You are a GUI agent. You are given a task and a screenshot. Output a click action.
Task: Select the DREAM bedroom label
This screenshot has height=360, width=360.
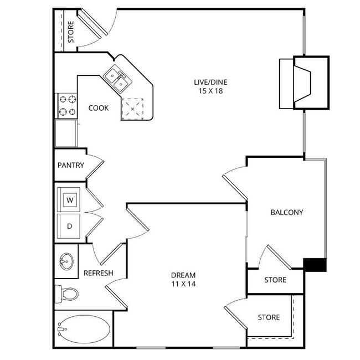pyautogui.click(x=183, y=275)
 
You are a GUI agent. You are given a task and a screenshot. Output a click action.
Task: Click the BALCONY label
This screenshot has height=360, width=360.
pyautogui.click(x=286, y=212)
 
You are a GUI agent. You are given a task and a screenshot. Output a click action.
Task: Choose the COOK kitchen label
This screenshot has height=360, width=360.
pyautogui.click(x=99, y=108)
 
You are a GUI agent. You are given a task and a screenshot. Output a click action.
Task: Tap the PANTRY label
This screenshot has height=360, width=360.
pyautogui.click(x=70, y=165)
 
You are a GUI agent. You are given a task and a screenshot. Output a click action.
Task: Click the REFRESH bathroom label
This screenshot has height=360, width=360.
pyautogui.click(x=98, y=273)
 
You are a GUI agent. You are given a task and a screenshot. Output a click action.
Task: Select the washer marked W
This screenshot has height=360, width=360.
pyautogui.click(x=70, y=199)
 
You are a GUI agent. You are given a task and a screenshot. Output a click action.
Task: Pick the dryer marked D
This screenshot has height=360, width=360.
pyautogui.click(x=70, y=226)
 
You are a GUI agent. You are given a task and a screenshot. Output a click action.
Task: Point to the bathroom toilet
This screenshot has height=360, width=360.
pyautogui.click(x=66, y=293)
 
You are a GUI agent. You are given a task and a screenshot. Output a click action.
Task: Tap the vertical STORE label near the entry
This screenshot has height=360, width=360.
pyautogui.click(x=70, y=32)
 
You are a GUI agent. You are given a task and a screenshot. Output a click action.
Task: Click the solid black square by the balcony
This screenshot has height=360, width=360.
pyautogui.click(x=316, y=265)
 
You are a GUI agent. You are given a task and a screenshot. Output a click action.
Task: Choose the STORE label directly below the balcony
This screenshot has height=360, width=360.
pyautogui.click(x=275, y=280)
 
